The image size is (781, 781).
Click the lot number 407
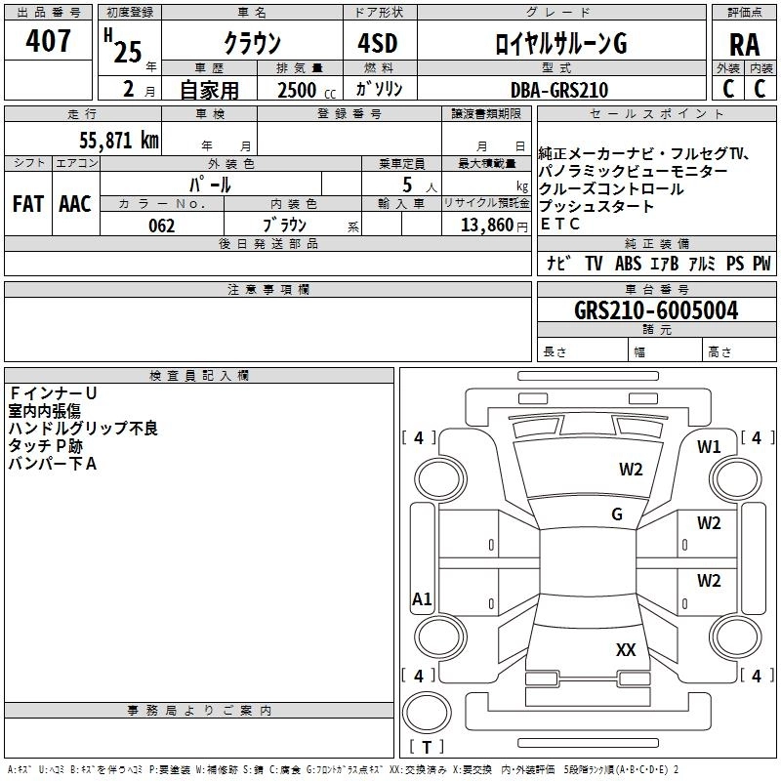point(51,41)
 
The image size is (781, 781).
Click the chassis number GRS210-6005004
point(656,310)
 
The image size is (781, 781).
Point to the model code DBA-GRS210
point(558,90)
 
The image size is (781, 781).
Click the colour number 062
point(161,226)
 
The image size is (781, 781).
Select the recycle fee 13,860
point(485,226)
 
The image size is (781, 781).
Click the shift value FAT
point(28,204)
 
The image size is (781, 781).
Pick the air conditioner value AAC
point(74,204)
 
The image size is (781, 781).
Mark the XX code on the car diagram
point(626,649)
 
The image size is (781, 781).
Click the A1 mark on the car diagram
point(422,599)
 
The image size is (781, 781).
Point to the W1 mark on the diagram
point(709,447)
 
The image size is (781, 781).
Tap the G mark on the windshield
point(617,514)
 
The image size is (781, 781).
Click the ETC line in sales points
point(560,224)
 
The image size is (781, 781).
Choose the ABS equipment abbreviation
point(628,264)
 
